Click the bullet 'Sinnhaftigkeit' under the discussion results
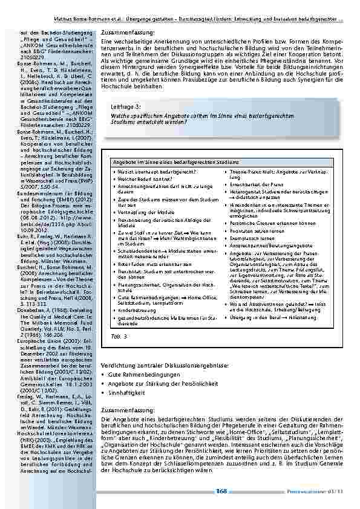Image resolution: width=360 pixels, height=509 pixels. point(126,394)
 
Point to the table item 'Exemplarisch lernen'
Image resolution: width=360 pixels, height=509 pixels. point(251,238)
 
